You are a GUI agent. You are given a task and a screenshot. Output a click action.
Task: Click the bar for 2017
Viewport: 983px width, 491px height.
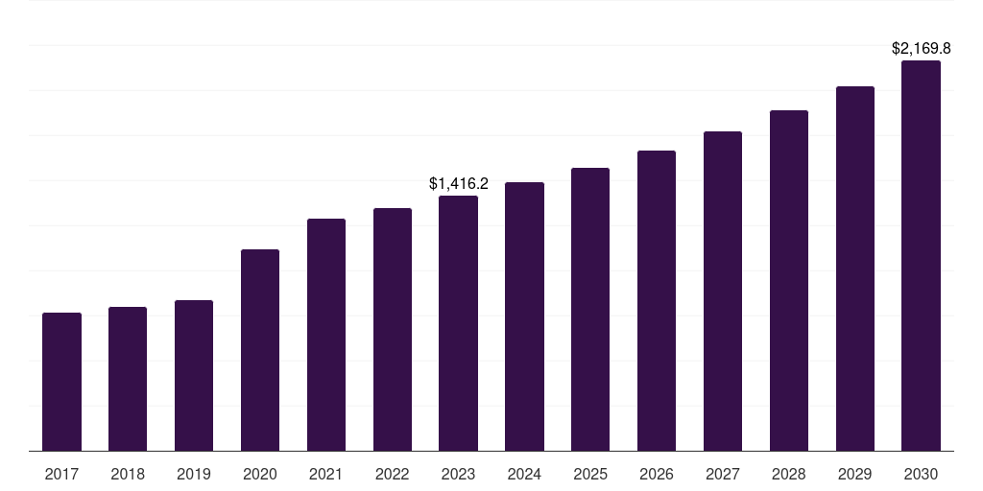click(x=61, y=382)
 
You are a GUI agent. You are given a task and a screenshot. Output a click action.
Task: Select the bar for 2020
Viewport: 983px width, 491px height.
click(x=260, y=350)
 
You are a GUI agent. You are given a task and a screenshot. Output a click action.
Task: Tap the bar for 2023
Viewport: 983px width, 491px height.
click(x=458, y=323)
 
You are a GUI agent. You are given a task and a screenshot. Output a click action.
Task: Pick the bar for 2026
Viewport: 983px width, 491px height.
click(x=657, y=300)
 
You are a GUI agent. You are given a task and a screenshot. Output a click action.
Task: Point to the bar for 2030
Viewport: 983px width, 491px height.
click(x=921, y=255)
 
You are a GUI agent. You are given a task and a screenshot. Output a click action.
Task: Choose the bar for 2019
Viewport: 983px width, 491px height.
click(x=194, y=376)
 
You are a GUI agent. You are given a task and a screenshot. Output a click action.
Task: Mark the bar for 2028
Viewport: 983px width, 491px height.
click(x=789, y=281)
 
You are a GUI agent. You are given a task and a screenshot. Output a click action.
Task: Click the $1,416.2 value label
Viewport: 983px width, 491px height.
click(x=458, y=183)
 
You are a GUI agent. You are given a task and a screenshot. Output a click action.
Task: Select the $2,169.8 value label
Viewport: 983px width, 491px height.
click(x=921, y=48)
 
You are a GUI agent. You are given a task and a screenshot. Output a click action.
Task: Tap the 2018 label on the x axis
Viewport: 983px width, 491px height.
click(x=128, y=475)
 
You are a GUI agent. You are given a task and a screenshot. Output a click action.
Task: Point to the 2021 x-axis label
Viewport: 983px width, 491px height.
click(x=326, y=475)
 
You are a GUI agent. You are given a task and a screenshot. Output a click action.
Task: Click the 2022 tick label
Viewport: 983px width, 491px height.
click(x=393, y=475)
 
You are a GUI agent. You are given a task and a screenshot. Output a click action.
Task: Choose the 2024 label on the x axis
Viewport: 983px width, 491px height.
click(x=525, y=475)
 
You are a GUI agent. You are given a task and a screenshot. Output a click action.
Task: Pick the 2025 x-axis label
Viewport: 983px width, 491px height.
click(x=590, y=475)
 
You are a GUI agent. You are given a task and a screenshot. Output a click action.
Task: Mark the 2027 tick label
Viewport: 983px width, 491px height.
click(x=723, y=475)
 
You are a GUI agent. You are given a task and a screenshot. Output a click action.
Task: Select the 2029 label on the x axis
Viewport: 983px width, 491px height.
click(x=855, y=475)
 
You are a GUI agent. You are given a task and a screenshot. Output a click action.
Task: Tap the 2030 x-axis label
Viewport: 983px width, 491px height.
click(x=921, y=475)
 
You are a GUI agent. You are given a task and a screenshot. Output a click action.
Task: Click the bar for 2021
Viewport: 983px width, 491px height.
click(x=326, y=335)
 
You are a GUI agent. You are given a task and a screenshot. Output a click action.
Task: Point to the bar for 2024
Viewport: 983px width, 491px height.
click(x=525, y=316)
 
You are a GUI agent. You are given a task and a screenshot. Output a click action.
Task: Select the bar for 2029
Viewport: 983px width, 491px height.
click(x=855, y=269)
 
